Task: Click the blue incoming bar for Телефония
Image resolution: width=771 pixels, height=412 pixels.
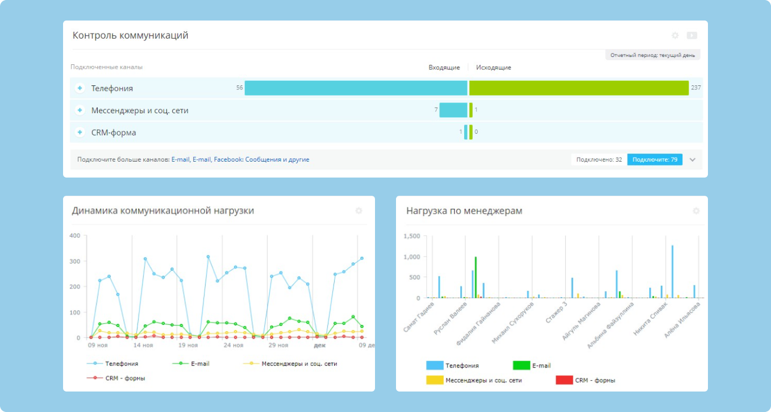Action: [356, 88]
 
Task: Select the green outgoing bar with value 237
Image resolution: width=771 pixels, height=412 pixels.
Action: [578, 88]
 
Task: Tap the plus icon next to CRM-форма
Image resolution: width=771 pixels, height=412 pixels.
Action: [80, 133]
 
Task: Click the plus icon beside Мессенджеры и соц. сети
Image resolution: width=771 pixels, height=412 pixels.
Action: [80, 110]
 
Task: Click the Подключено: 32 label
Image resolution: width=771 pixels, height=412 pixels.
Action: [599, 160]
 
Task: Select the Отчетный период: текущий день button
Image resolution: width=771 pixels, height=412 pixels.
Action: [653, 55]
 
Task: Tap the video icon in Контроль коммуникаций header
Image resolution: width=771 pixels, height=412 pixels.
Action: [691, 35]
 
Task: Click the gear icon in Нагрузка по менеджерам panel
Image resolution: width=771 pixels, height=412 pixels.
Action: [696, 211]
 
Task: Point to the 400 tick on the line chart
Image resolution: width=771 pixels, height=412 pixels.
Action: [74, 235]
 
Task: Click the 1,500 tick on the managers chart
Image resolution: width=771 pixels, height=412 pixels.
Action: [411, 236]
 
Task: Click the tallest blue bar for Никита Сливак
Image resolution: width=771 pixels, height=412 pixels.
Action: [672, 272]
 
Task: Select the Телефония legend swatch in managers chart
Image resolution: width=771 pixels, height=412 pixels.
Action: [435, 366]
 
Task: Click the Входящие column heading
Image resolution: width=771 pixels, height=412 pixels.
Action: [444, 68]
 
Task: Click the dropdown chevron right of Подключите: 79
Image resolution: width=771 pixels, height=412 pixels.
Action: [693, 160]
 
